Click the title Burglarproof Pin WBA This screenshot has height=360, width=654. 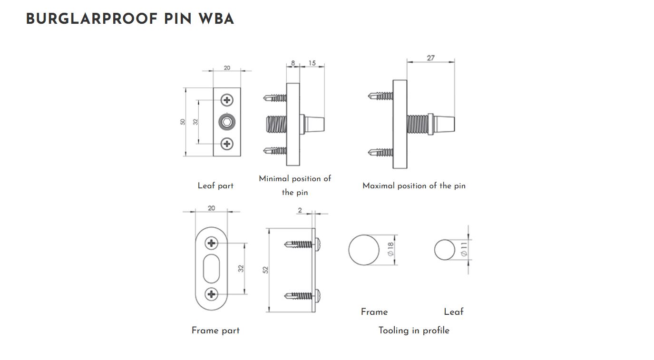coord(130,19)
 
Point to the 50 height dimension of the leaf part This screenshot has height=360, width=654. coord(183,122)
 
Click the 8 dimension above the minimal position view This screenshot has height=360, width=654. coord(293,63)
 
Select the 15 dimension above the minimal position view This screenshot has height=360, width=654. coord(312,63)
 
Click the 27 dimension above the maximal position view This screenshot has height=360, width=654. coord(430,58)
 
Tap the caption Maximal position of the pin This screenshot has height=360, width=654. coord(414,186)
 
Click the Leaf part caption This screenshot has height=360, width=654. coord(215,186)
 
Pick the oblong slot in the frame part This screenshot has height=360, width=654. coord(212,269)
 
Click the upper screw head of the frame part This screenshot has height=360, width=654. coord(212,244)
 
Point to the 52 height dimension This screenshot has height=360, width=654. coord(266,270)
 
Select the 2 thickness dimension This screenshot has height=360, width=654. coord(300,210)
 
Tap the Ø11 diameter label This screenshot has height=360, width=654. coord(464,250)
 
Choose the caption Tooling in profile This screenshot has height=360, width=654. coord(414,331)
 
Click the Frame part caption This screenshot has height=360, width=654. coord(215,331)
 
